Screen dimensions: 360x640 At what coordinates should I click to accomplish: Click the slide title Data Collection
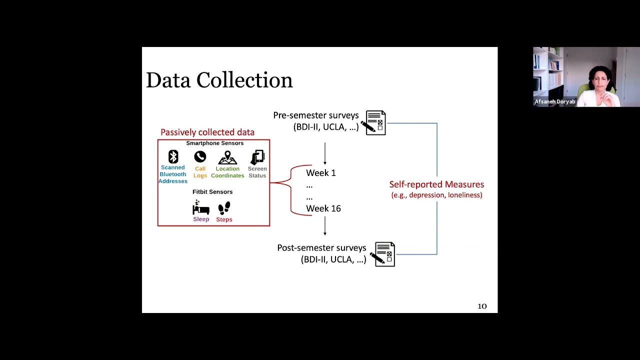pyautogui.click(x=219, y=80)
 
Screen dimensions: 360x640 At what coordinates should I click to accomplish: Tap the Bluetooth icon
pyautogui.click(x=173, y=156)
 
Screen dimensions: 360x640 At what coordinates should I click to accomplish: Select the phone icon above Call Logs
pyautogui.click(x=200, y=157)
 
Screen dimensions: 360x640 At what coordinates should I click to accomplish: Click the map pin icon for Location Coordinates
pyautogui.click(x=227, y=157)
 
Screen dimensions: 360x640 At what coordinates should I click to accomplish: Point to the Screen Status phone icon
pyautogui.click(x=257, y=157)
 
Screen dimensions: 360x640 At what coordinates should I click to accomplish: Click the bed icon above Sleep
pyautogui.click(x=200, y=207)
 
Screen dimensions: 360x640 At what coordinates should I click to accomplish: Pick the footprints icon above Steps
pyautogui.click(x=224, y=208)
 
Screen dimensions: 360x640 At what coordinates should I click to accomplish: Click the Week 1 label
pyautogui.click(x=320, y=173)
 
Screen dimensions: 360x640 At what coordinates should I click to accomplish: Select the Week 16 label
pyautogui.click(x=323, y=208)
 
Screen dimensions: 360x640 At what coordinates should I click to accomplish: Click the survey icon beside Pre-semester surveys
pyautogui.click(x=375, y=123)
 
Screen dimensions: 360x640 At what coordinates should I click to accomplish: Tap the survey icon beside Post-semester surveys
pyautogui.click(x=384, y=254)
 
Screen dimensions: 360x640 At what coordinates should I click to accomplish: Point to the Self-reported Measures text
pyautogui.click(x=436, y=184)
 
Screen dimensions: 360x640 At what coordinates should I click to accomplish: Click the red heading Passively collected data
pyautogui.click(x=207, y=132)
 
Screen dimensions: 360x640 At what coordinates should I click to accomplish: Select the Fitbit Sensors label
pyautogui.click(x=212, y=192)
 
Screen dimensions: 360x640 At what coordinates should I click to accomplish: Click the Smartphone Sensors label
pyautogui.click(x=214, y=143)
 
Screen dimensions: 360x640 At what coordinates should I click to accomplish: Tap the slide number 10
pyautogui.click(x=482, y=306)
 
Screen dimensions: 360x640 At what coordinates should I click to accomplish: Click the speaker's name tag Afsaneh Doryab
pyautogui.click(x=554, y=102)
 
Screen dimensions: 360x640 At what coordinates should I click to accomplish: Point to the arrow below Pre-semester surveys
pyautogui.click(x=325, y=153)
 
